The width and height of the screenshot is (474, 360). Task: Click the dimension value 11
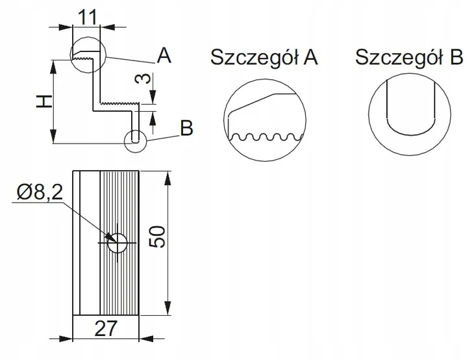click(88, 17)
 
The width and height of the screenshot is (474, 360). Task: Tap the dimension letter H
click(44, 101)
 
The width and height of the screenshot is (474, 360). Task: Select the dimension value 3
click(142, 79)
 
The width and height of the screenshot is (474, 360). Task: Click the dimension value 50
click(158, 237)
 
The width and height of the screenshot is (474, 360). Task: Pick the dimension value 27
click(105, 329)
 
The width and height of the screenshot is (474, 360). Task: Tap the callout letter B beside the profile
click(186, 128)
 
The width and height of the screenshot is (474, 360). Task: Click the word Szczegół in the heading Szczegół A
click(255, 57)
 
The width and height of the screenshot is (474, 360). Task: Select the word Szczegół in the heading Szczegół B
click(399, 57)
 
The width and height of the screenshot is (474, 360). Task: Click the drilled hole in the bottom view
click(118, 243)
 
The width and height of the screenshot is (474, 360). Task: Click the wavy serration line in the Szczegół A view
click(266, 136)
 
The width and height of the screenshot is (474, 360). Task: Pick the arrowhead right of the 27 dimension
click(146, 339)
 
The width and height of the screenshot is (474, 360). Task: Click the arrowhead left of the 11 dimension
click(66, 27)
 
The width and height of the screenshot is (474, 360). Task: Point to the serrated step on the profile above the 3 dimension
click(119, 103)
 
